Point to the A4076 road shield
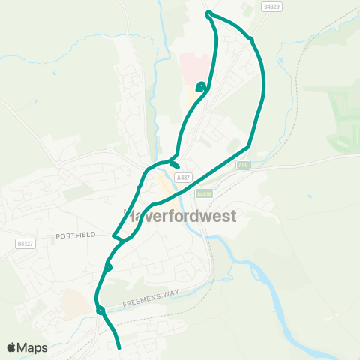click(x=203, y=193)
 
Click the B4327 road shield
click(x=25, y=244)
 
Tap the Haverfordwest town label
click(x=179, y=216)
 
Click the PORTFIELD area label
click(x=75, y=235)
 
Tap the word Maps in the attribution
click(x=33, y=347)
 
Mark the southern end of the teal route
click(x=119, y=347)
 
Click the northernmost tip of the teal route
click(x=208, y=13)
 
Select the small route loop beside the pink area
click(x=200, y=87)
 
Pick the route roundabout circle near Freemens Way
click(x=100, y=309)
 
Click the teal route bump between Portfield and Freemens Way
click(x=109, y=266)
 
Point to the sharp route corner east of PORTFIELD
click(x=113, y=235)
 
